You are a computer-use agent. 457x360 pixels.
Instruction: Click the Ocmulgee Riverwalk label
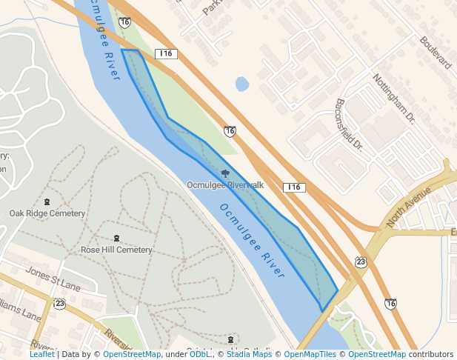pos(225,184)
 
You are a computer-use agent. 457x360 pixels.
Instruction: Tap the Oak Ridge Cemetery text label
pos(47,213)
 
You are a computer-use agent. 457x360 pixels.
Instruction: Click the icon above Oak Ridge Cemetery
pos(47,202)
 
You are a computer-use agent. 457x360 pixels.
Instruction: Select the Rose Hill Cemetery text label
pos(116,250)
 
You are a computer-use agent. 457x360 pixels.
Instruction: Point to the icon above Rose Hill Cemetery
pos(116,238)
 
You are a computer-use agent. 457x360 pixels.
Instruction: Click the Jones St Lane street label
pos(53,277)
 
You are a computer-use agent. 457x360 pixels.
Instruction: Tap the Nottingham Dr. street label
pos(393,97)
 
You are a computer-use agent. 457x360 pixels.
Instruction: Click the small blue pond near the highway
pos(241,84)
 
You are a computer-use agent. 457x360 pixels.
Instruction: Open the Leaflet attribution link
pos(41,354)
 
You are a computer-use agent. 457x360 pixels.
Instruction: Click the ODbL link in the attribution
pos(200,354)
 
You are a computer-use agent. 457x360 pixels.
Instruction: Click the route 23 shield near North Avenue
pos(361,261)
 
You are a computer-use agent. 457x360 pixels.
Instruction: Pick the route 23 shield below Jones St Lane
pos(59,303)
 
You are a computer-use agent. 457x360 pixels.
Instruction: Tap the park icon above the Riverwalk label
pos(225,173)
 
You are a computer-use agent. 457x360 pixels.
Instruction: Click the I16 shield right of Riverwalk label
pos(294,187)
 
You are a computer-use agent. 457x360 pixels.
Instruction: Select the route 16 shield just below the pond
pos(230,130)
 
